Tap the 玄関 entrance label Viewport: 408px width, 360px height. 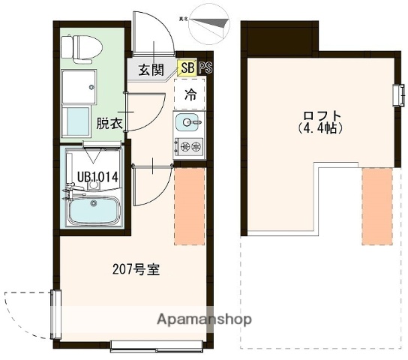tap(151, 70)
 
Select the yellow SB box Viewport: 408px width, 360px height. tap(185, 68)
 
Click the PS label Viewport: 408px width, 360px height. tap(205, 68)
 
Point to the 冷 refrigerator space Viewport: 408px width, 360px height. tap(190, 95)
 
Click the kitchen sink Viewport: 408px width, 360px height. tap(189, 121)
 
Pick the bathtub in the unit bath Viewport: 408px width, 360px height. tap(94, 210)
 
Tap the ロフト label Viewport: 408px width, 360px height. tap(323, 115)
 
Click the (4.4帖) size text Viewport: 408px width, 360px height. tap(323, 128)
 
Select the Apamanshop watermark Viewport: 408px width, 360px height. tap(203, 319)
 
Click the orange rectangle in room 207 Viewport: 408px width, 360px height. tap(189, 205)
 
